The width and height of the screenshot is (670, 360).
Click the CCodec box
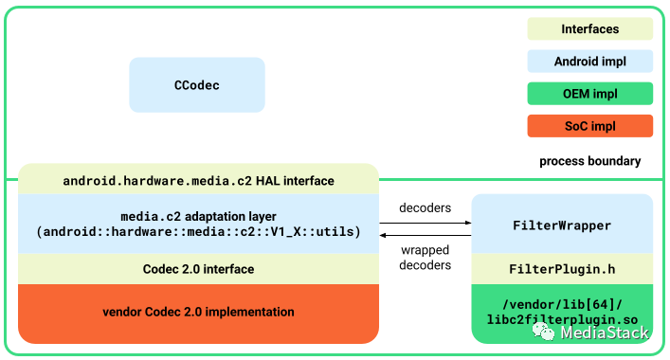[197, 85]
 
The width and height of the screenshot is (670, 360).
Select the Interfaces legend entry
[589, 29]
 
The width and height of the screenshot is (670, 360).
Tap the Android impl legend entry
[589, 62]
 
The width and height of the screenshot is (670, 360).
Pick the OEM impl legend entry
[589, 94]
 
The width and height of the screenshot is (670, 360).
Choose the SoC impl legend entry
[589, 126]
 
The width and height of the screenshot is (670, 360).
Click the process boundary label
[589, 161]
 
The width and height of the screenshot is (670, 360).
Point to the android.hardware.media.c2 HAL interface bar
[198, 180]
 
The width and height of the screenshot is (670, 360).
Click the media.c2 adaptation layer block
[198, 225]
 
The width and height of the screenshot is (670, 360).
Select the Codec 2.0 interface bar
[198, 269]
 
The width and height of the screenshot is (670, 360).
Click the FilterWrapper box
[562, 225]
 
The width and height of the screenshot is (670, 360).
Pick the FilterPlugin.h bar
[562, 270]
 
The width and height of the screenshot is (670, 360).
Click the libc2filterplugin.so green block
[562, 312]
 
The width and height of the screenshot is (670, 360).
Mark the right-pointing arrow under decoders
[426, 223]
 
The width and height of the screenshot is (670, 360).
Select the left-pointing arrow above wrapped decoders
[426, 234]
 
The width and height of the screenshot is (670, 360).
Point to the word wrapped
[426, 250]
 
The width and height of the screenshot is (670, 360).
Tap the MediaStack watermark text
[604, 333]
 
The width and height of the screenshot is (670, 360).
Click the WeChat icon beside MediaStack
[544, 332]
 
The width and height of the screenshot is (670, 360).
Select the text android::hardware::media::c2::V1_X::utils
[198, 232]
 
